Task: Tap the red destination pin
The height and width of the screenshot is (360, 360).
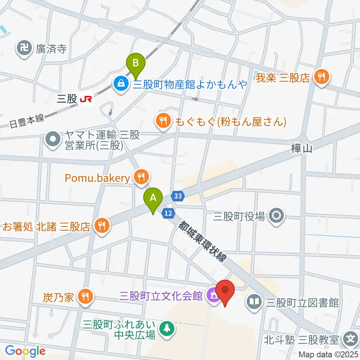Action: [225, 291]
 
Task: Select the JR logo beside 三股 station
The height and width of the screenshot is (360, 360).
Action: [86, 99]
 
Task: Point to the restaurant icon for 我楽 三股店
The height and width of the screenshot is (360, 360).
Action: [322, 78]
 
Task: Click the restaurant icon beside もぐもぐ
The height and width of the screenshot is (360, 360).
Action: [162, 121]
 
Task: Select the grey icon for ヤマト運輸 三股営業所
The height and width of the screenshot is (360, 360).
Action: [52, 140]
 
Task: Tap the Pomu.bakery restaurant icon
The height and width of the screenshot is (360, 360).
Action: [141, 177]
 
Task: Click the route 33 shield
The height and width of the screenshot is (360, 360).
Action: [178, 196]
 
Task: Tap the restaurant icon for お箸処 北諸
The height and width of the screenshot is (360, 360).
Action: [101, 226]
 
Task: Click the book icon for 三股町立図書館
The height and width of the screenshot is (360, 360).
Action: [255, 302]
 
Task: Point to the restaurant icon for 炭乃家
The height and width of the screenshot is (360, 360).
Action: [85, 297]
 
